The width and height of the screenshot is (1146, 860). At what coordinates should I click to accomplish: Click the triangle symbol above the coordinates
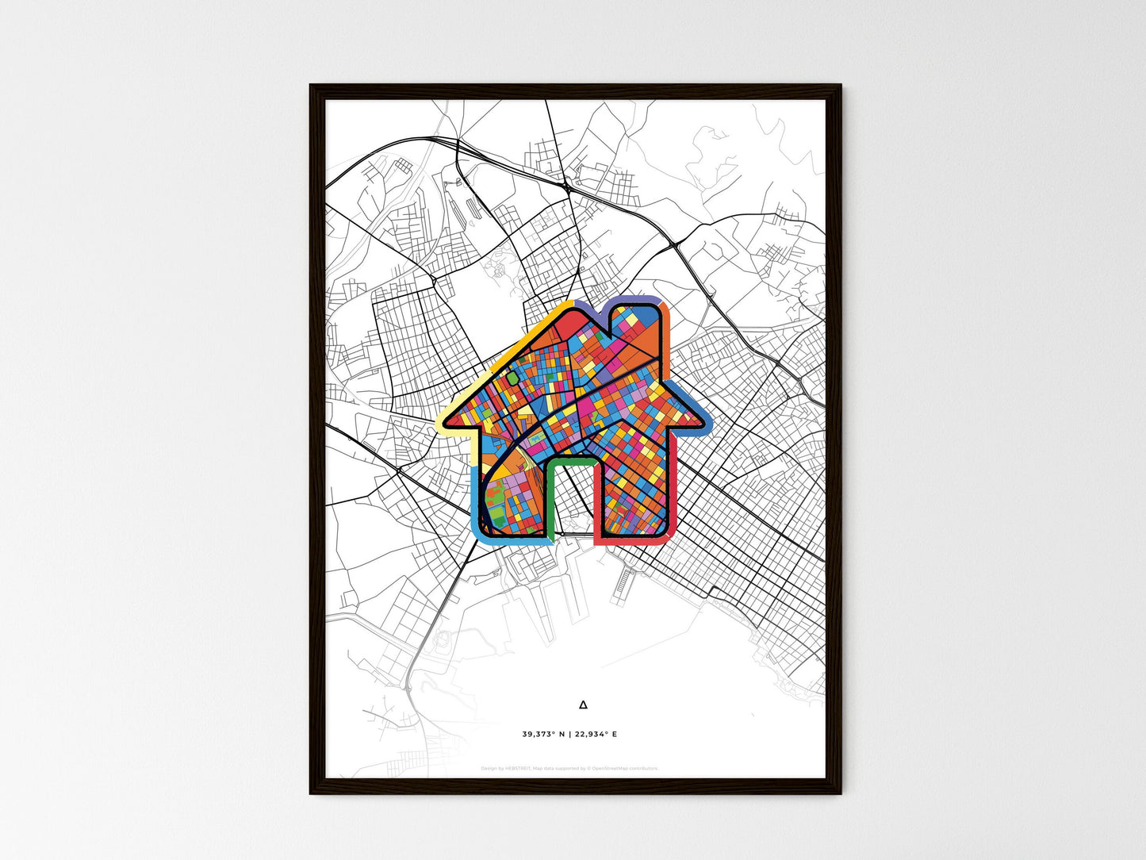pyautogui.click(x=584, y=704)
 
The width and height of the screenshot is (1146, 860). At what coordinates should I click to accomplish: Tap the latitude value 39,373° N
pyautogui.click(x=543, y=735)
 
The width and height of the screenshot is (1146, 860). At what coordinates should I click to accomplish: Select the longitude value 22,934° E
pyautogui.click(x=597, y=735)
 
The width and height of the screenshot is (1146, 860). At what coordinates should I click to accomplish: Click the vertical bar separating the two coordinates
pyautogui.click(x=570, y=735)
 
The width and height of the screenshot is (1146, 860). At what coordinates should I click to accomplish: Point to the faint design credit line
pyautogui.click(x=569, y=768)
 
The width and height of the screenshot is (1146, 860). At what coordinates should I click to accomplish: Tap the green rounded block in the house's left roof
pyautogui.click(x=513, y=378)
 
